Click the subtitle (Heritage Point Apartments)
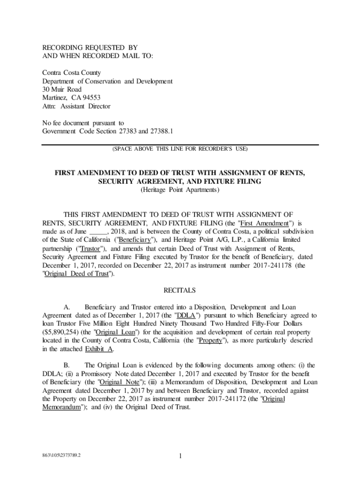point(180,190)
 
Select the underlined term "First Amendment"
point(265,224)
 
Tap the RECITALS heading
point(180,290)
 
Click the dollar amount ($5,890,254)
point(62,333)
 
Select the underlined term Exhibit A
point(99,349)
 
